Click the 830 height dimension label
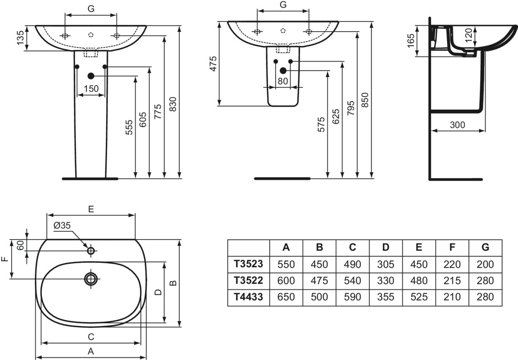tap(173, 104)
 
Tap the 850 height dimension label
tap(365, 100)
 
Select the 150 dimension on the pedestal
tap(91, 88)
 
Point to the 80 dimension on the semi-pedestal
tap(283, 81)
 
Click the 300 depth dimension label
tap(458, 125)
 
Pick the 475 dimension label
tap(213, 63)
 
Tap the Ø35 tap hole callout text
tap(62, 225)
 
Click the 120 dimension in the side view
tap(468, 35)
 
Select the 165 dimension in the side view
tap(411, 41)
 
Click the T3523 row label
tap(248, 264)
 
